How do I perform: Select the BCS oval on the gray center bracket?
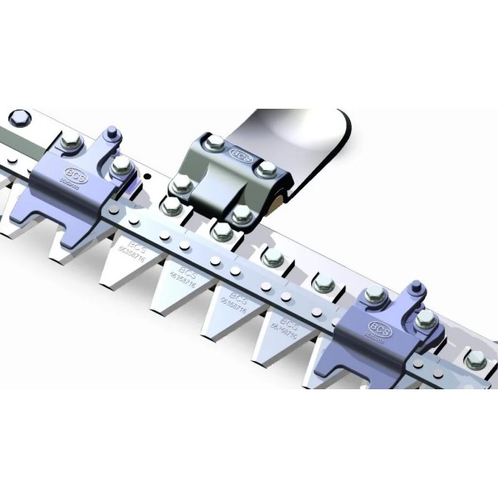pyautogui.click(x=240, y=154)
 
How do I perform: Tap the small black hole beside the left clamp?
pyautogui.click(x=147, y=177)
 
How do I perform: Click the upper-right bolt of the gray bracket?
pyautogui.click(x=266, y=170)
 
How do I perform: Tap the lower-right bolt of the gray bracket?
pyautogui.click(x=242, y=213)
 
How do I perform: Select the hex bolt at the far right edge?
pyautogui.click(x=476, y=360)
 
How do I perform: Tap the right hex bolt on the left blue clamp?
pyautogui.click(x=121, y=168)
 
